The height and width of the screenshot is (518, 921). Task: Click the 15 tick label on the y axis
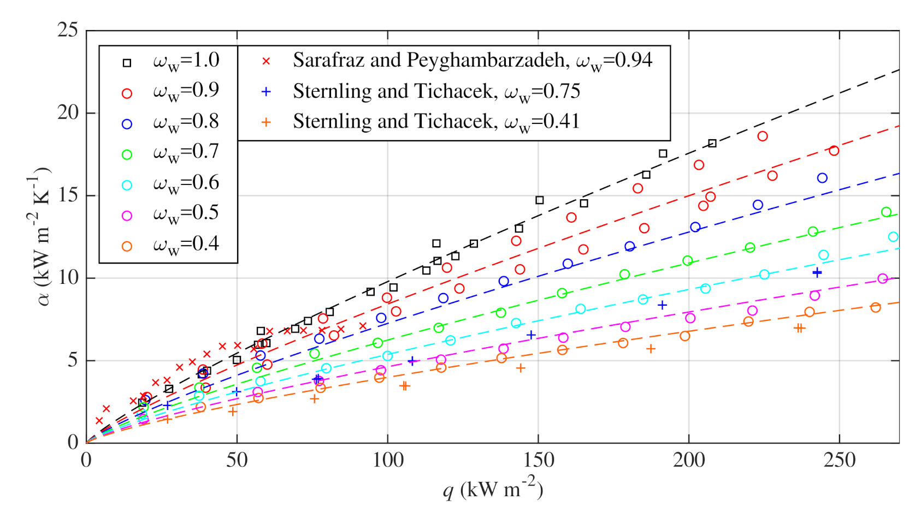click(x=68, y=195)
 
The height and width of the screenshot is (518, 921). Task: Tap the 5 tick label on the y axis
click(x=73, y=360)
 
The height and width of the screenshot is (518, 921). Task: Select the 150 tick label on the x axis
click(x=538, y=460)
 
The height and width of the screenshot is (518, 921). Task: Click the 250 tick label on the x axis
click(x=839, y=460)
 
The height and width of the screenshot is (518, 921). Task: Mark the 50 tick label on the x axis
click(x=237, y=460)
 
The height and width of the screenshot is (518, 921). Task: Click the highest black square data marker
click(x=712, y=143)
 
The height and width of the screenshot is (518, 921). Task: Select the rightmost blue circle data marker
click(x=822, y=178)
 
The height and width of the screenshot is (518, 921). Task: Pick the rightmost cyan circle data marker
click(x=893, y=236)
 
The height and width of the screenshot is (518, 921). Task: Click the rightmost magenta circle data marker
click(x=883, y=278)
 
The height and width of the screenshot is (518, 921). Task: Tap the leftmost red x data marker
click(x=99, y=421)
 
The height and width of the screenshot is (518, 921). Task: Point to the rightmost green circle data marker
click(x=886, y=212)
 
